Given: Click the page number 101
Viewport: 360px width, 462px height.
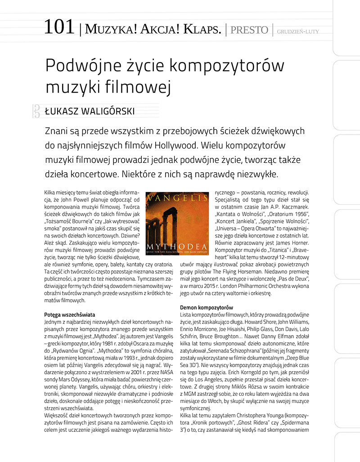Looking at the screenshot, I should pyautogui.click(x=59, y=27).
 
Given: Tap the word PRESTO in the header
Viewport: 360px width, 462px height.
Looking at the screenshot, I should pyautogui.click(x=249, y=30).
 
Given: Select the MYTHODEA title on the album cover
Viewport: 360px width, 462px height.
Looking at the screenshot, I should pyautogui.click(x=176, y=247).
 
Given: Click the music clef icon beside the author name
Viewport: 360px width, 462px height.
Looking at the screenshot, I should pyautogui.click(x=36, y=111).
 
